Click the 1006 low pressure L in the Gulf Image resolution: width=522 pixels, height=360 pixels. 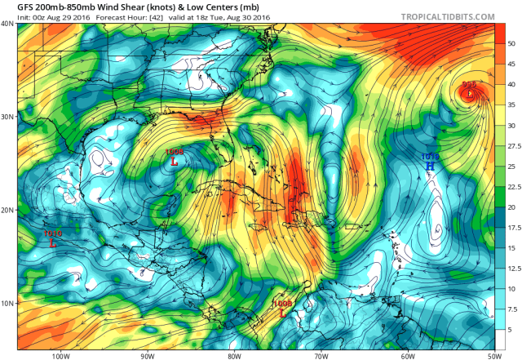[x=174, y=161]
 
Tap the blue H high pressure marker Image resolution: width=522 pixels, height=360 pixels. [x=430, y=166]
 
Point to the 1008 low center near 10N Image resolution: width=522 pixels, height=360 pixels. [x=282, y=312]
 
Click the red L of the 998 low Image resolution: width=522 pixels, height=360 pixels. [x=469, y=94]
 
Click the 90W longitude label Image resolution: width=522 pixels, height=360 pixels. [x=147, y=354]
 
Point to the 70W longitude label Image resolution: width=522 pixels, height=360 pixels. [x=321, y=354]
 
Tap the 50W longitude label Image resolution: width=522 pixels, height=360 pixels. [x=493, y=354]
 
